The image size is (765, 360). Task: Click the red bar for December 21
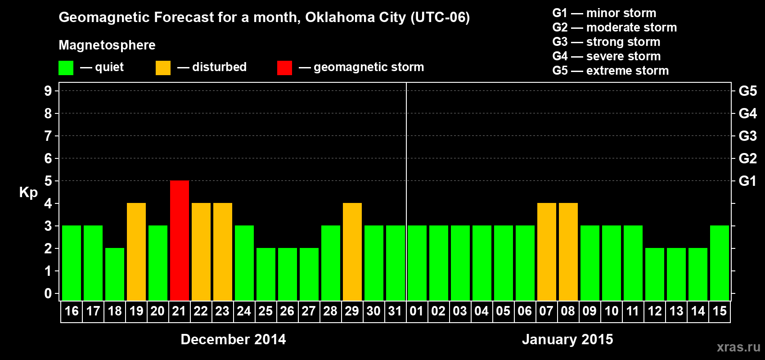pyautogui.click(x=180, y=240)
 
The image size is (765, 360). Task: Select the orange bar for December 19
pyautogui.click(x=136, y=252)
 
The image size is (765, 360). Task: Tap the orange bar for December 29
pyautogui.click(x=352, y=252)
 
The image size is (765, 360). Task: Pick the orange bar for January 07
pyautogui.click(x=547, y=252)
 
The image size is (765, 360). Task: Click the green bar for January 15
pyautogui.click(x=720, y=263)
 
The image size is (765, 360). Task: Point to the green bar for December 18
pyautogui.click(x=115, y=274)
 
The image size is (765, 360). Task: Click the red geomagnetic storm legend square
pyautogui.click(x=284, y=68)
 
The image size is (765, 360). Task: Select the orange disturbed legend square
pyautogui.click(x=163, y=68)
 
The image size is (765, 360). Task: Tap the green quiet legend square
pyautogui.click(x=66, y=68)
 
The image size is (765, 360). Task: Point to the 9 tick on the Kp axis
pyautogui.click(x=48, y=91)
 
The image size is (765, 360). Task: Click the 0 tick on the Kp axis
pyautogui.click(x=48, y=294)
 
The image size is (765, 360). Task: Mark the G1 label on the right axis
pyautogui.click(x=747, y=181)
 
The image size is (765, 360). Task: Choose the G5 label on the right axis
pyautogui.click(x=747, y=91)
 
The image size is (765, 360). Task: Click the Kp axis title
pyautogui.click(x=28, y=193)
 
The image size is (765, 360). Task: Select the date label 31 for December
pyautogui.click(x=395, y=311)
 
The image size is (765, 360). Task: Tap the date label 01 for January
pyautogui.click(x=417, y=311)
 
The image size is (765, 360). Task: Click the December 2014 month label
pyautogui.click(x=233, y=339)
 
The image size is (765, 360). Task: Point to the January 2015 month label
pyautogui.click(x=567, y=339)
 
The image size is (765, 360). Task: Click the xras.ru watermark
pyautogui.click(x=738, y=347)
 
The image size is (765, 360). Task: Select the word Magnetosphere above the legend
pyautogui.click(x=107, y=45)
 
